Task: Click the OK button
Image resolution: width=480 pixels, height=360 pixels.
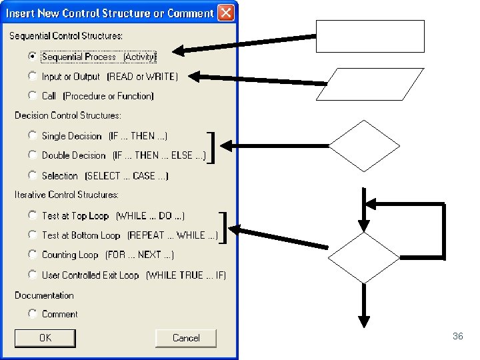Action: click(45, 338)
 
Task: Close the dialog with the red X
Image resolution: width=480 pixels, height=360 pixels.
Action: click(226, 13)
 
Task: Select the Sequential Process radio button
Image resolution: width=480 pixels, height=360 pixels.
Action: click(32, 57)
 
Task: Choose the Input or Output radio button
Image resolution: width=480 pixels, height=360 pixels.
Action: click(32, 76)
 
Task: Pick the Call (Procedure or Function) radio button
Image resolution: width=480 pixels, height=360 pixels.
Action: click(32, 95)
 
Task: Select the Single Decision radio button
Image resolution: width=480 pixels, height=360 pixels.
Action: click(32, 135)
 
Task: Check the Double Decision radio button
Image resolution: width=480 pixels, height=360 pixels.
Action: click(32, 155)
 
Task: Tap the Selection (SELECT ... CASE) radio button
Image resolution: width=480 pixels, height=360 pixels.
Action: click(32, 175)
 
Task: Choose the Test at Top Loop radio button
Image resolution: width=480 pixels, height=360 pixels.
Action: click(32, 215)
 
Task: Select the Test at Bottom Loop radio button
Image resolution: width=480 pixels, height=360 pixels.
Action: click(32, 235)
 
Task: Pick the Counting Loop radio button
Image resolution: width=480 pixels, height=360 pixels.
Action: click(32, 254)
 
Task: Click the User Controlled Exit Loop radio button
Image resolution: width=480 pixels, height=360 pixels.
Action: click(32, 274)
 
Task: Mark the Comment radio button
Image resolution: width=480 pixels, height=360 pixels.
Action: click(32, 313)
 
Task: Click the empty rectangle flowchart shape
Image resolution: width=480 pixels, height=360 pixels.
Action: click(370, 36)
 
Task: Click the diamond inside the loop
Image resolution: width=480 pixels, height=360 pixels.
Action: click(364, 257)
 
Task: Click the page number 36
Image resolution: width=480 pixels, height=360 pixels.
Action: click(457, 337)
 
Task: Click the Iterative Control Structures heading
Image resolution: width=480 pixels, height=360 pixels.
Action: click(67, 195)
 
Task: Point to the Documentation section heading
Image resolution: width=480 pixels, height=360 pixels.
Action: click(44, 295)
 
